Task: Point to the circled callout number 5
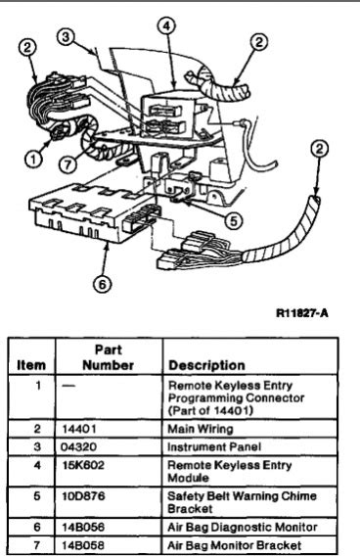point(230,220)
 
